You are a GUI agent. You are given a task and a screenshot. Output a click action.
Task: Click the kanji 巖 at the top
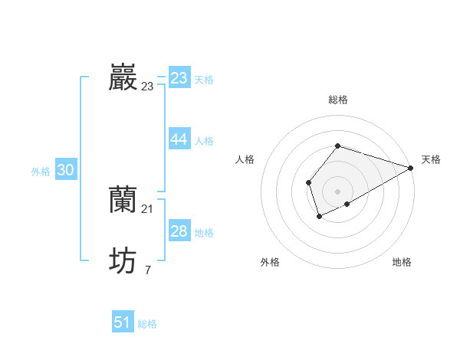[x=123, y=77]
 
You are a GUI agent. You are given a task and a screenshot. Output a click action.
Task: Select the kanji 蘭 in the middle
[x=123, y=199]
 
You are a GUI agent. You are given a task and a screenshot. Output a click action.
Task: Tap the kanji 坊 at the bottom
[x=123, y=260]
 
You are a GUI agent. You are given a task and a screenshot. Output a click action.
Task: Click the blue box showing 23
[x=179, y=77]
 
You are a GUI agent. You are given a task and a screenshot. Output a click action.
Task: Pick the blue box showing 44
[x=179, y=139]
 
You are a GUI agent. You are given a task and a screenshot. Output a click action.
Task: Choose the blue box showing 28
[x=179, y=231]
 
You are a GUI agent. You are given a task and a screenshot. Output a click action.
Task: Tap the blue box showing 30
[x=65, y=170]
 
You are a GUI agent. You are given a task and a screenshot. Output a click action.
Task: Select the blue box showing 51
[x=123, y=322]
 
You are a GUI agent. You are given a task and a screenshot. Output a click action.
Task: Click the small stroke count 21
[x=148, y=208]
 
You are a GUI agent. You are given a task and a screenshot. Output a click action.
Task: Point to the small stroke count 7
[x=148, y=270]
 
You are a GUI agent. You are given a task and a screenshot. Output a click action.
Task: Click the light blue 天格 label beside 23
[x=204, y=79]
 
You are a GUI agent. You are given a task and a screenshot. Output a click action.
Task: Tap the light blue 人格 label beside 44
[x=204, y=140]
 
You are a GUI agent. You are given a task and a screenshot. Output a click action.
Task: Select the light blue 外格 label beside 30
[x=41, y=172]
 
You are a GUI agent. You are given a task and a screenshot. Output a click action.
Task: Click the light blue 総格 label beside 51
[x=147, y=324]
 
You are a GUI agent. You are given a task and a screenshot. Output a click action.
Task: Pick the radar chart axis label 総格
[x=337, y=100]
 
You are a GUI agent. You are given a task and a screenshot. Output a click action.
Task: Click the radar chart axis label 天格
[x=431, y=159]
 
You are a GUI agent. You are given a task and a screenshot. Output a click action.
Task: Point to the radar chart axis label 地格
[x=402, y=262]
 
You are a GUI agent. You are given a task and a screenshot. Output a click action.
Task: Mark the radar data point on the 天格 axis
[x=411, y=168]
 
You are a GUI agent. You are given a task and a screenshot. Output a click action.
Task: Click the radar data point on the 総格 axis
[x=337, y=146]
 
